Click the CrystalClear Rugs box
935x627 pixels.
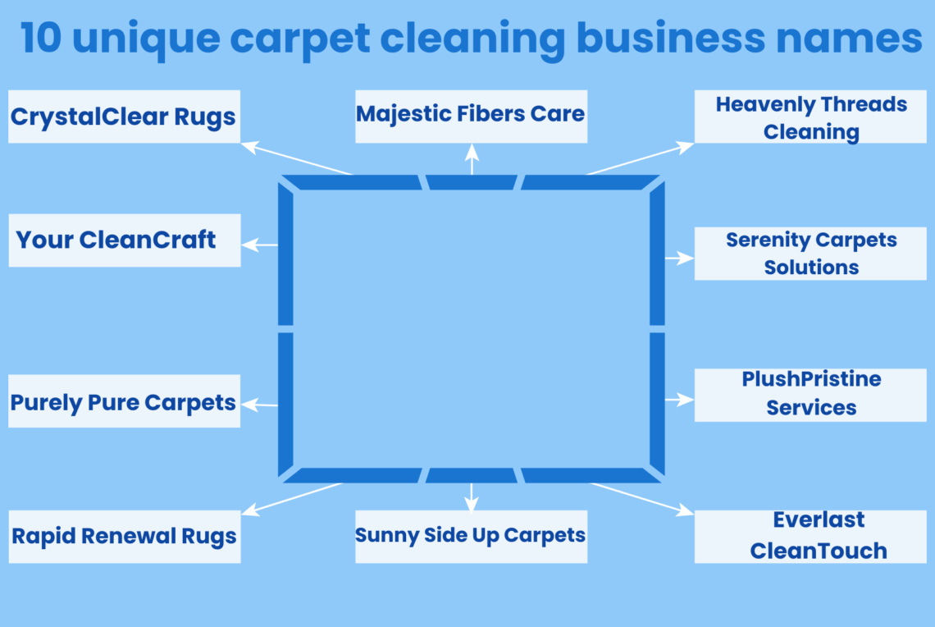124,117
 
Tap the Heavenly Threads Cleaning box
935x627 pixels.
810,117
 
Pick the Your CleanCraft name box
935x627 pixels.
124,240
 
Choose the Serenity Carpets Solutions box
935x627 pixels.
810,254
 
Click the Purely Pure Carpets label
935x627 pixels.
124,401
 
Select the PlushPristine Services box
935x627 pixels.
810,395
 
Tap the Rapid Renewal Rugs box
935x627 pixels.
124,537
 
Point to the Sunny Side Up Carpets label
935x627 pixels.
471,537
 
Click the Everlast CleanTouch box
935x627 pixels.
810,537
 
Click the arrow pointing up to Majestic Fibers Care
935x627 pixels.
472,159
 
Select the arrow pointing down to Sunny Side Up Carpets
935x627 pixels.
471,497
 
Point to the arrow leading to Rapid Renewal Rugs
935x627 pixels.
292,499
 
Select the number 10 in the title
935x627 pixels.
42,39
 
